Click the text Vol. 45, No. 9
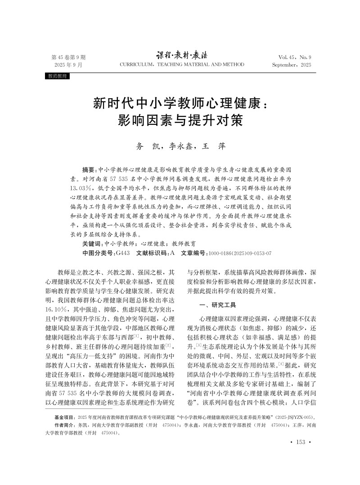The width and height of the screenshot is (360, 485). coord(295,57)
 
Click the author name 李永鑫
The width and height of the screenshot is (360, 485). coord(170,146)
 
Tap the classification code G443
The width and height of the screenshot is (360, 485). coord(123,253)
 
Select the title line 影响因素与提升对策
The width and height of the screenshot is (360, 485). coord(180,121)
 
